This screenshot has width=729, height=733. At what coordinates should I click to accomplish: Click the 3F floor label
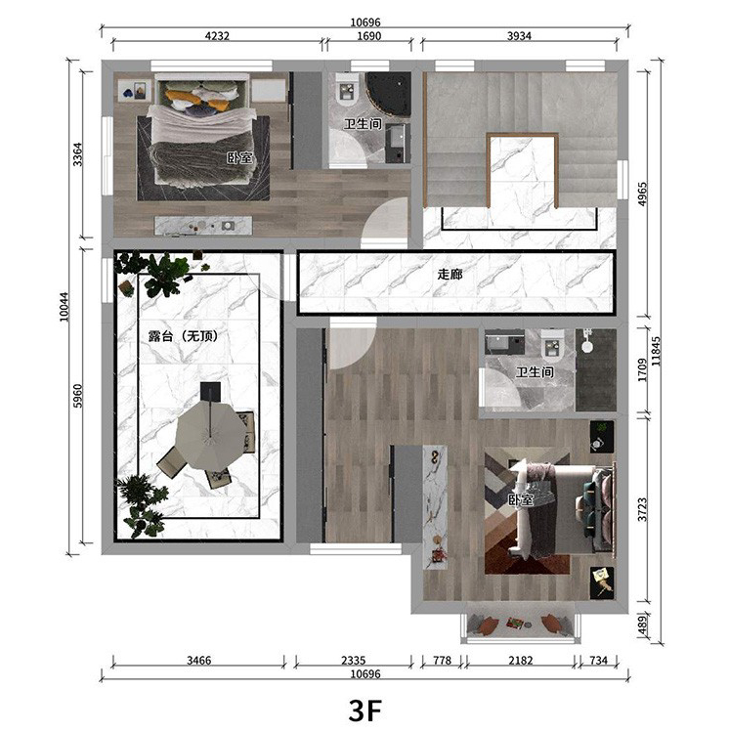click(x=364, y=711)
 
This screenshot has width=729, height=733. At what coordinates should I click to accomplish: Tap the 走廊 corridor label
click(x=450, y=274)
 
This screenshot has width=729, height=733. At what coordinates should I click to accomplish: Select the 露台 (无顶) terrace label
click(x=183, y=335)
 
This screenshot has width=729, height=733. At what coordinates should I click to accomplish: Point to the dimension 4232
click(x=217, y=36)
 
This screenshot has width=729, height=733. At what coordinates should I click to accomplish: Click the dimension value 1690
click(x=369, y=36)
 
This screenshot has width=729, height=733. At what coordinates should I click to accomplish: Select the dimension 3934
click(x=519, y=36)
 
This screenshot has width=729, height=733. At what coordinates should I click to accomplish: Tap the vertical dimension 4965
click(x=642, y=194)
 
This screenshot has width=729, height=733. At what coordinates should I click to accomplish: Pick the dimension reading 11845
click(x=656, y=351)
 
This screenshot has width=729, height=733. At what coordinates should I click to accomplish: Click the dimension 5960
click(x=77, y=396)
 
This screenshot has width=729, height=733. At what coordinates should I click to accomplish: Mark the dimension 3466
click(x=199, y=660)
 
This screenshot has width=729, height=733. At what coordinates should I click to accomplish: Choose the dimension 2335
click(x=354, y=660)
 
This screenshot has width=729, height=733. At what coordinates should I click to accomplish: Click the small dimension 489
click(x=642, y=625)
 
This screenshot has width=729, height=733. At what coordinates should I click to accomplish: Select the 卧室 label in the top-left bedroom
click(x=239, y=157)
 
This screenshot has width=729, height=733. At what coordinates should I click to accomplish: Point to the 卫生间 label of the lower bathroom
click(x=535, y=372)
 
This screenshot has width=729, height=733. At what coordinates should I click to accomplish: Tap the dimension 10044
click(x=64, y=307)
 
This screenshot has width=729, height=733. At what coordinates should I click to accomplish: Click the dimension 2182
click(x=521, y=660)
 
